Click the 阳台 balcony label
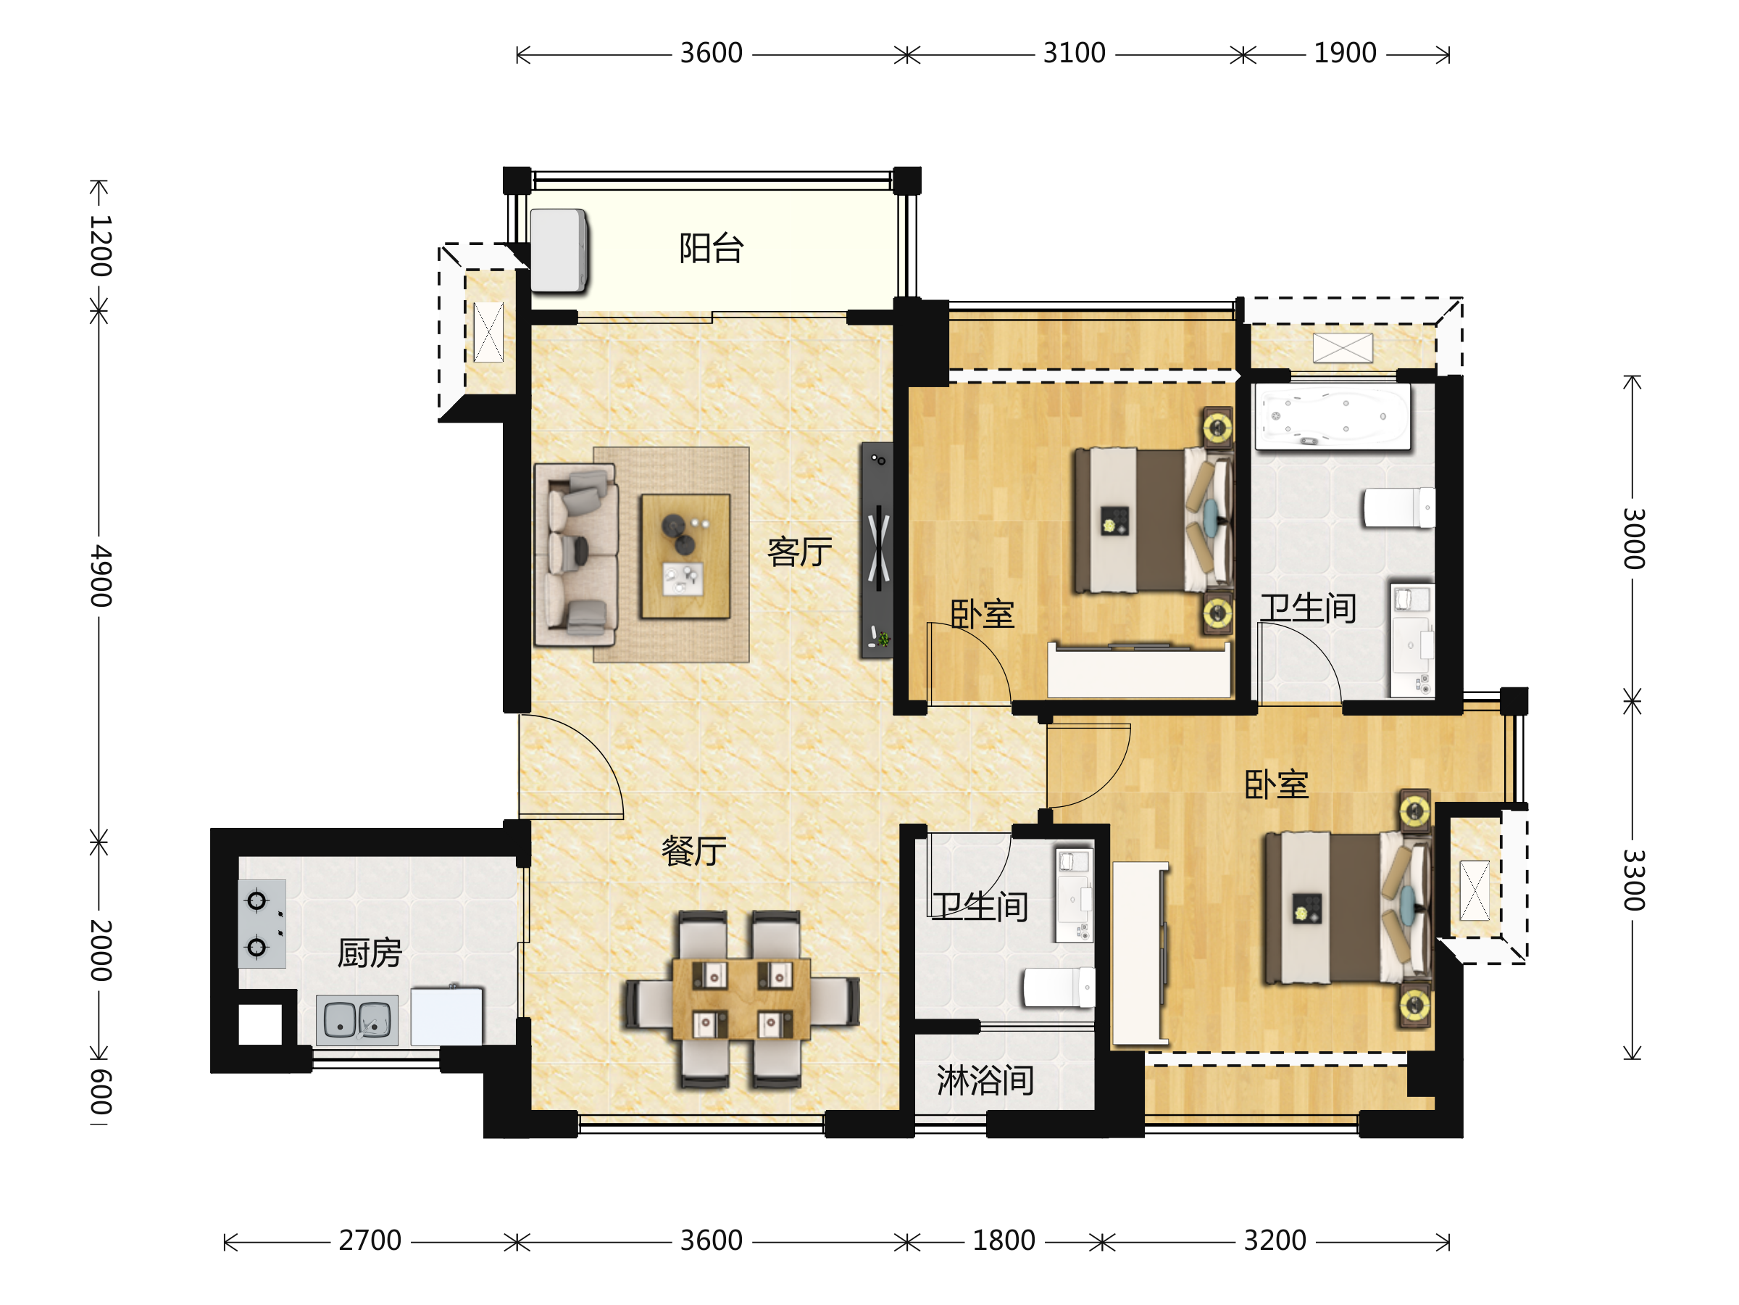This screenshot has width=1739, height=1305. pos(711,249)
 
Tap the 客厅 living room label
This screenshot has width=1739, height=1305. pos(799,552)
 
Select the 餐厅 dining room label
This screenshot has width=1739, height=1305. pos(693,851)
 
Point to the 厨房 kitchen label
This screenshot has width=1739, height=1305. pos(370,953)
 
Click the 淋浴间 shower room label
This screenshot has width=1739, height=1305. pos(985,1080)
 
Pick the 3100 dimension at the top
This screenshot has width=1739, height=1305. pos(1074,54)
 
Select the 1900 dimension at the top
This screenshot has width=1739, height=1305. pos(1345,54)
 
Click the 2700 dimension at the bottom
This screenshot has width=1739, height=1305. pos(370,1240)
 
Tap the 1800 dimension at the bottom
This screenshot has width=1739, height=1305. pos(1004,1240)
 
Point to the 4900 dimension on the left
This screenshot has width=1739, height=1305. pos(101,576)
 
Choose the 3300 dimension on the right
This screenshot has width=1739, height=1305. pos(1634,879)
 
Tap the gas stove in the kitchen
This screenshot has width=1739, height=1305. pos(262,924)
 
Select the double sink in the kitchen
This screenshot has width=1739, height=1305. pos(357,1020)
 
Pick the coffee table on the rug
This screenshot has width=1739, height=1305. pos(685,556)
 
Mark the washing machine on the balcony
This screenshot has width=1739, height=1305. pos(559,251)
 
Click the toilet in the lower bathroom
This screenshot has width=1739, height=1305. pos(1058,987)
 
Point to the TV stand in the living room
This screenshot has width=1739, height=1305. pos(877,550)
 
